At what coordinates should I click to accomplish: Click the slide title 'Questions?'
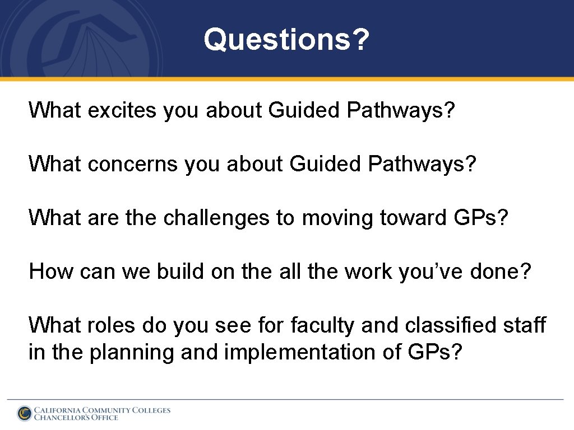tap(286, 40)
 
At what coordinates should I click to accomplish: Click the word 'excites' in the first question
tap(122, 110)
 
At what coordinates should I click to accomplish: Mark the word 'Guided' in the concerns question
tap(326, 164)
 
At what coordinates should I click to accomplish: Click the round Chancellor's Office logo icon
tap(24, 413)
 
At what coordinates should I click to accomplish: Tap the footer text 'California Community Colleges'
tap(102, 410)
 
